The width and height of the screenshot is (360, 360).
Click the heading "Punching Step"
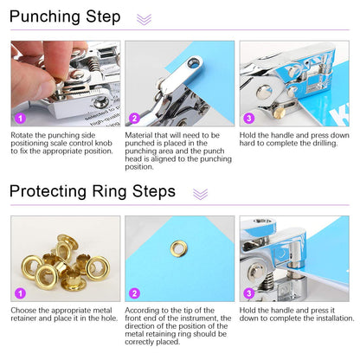point(66,17)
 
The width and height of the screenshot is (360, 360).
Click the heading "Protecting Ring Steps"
point(93,192)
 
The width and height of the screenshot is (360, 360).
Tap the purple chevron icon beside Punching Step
point(144,19)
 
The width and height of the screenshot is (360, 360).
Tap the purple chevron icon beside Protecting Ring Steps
point(200,194)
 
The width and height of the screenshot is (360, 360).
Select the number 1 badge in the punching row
point(20,118)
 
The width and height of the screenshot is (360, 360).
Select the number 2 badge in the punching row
point(134,118)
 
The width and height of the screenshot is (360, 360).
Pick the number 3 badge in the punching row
point(248,118)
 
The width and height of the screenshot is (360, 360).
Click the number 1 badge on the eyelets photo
point(20,292)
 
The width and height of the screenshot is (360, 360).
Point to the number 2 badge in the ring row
point(134,292)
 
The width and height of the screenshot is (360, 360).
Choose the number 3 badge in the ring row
point(248,292)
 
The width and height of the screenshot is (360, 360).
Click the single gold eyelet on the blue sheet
point(179,248)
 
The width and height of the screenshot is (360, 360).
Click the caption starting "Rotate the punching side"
point(61,143)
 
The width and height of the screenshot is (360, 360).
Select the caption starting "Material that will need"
point(177,151)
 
